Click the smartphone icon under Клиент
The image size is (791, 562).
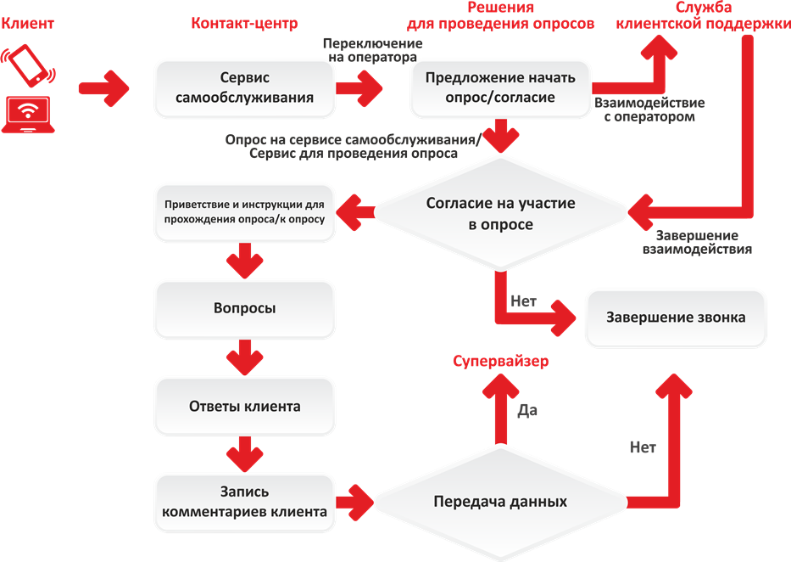click(x=28, y=65)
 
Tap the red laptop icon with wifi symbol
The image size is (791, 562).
click(x=28, y=115)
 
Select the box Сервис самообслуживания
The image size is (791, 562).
click(x=244, y=88)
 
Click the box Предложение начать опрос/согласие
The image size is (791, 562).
click(x=500, y=88)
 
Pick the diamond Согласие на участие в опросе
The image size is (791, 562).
click(x=500, y=213)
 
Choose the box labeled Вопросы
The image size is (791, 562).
click(x=244, y=309)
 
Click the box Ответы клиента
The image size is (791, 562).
click(x=244, y=407)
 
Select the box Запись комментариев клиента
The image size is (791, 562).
click(x=244, y=503)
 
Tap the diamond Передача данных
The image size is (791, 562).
click(x=500, y=503)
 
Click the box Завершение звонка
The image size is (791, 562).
click(x=676, y=318)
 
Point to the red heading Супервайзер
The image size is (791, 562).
click(x=500, y=361)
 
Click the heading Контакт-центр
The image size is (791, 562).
click(x=244, y=23)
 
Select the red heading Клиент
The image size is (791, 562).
click(x=27, y=23)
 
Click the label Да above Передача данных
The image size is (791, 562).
click(x=527, y=410)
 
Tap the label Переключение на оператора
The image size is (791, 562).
click(x=373, y=50)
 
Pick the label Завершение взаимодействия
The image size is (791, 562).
click(x=697, y=242)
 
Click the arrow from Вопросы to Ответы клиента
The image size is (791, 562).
click(x=245, y=357)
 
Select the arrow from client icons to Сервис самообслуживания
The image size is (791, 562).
click(x=104, y=88)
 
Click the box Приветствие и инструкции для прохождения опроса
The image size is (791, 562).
click(x=244, y=212)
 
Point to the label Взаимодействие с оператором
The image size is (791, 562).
click(x=649, y=110)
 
